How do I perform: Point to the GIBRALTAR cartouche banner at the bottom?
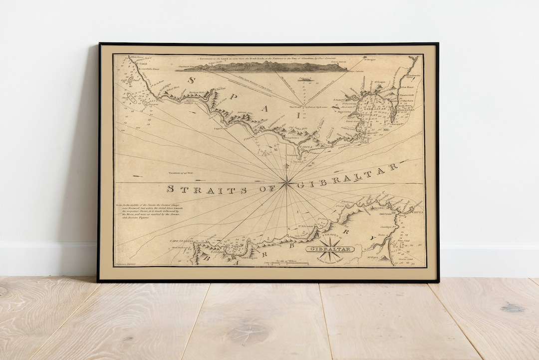coord(330,249)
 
